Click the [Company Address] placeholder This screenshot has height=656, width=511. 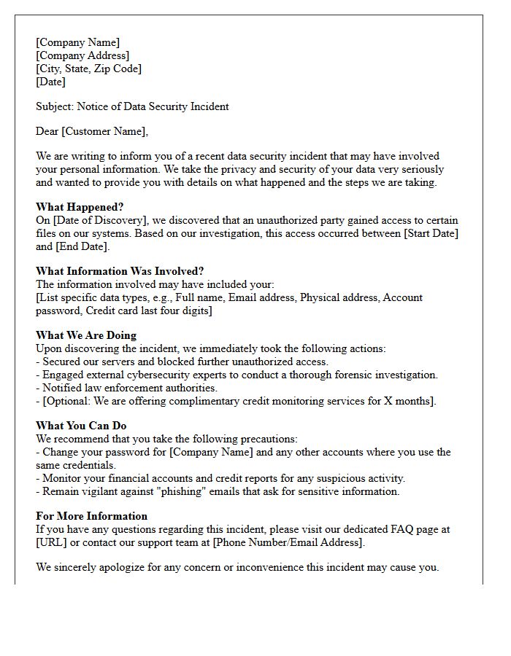click(82, 55)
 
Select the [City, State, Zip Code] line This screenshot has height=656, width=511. click(88, 69)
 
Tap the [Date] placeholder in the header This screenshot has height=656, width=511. click(50, 82)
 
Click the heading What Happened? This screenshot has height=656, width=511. click(80, 207)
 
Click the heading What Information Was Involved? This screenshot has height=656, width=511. click(120, 271)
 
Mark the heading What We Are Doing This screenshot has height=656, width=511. click(86, 335)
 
